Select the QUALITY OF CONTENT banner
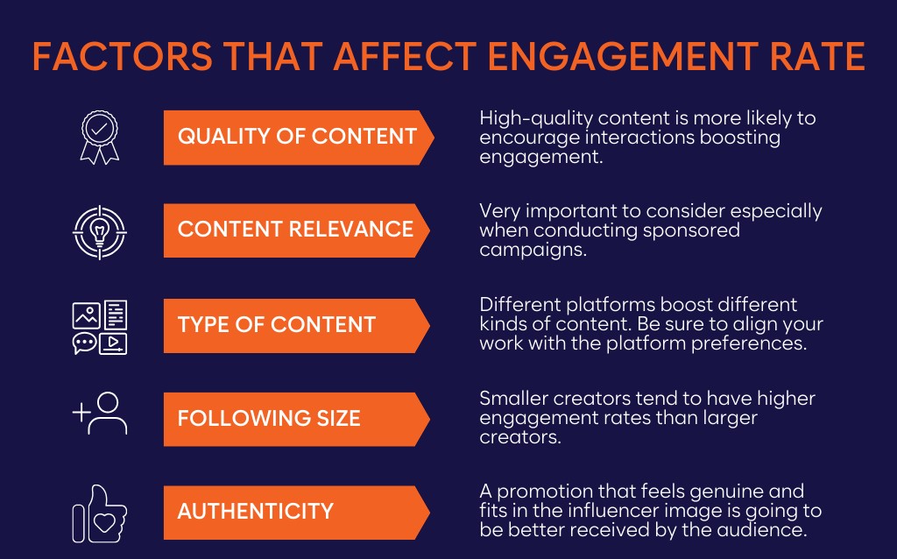299,138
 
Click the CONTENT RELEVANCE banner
296,230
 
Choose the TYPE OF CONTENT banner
296,325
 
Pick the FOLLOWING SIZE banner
296,419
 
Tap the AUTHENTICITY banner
296,512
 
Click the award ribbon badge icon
100,138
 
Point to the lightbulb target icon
100,231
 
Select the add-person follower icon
100,413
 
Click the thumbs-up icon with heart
100,513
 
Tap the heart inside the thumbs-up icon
105,522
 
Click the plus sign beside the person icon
81,412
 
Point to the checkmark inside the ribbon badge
100,128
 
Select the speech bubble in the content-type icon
85,343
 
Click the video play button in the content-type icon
113,343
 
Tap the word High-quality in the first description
536,119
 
